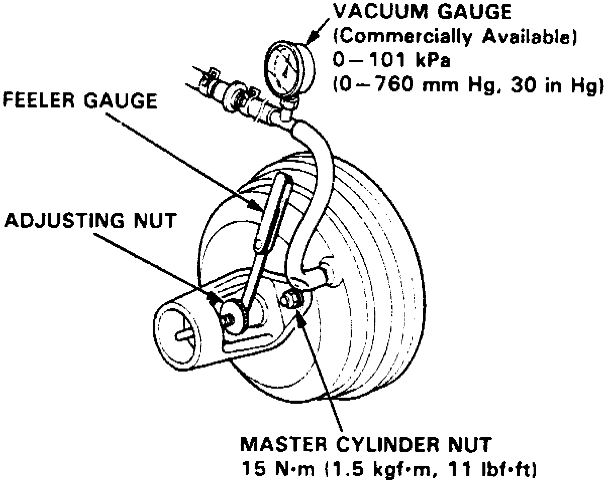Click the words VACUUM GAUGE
[x=422, y=12]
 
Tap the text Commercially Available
[x=454, y=38]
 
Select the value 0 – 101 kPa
[x=391, y=61]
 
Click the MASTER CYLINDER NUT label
[x=366, y=444]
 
